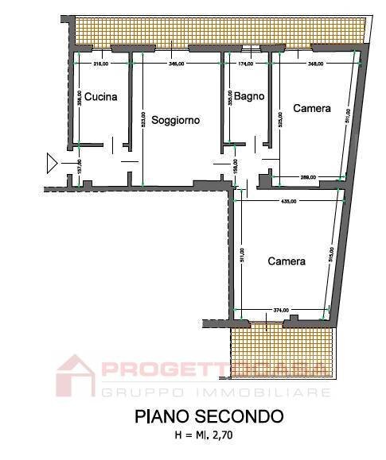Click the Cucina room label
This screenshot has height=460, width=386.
pyautogui.click(x=101, y=97)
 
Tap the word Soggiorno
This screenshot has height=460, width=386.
pyautogui.click(x=175, y=121)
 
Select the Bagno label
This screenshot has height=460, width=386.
pyautogui.click(x=249, y=97)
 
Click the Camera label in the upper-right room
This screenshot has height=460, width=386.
pyautogui.click(x=311, y=108)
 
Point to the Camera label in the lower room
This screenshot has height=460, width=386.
pyautogui.click(x=286, y=261)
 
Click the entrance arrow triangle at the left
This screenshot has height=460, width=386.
pyautogui.click(x=52, y=164)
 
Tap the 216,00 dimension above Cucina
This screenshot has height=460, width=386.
pyautogui.click(x=100, y=64)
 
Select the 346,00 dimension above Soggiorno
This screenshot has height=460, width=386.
pyautogui.click(x=177, y=64)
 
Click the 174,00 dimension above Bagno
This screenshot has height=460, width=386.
pyautogui.click(x=246, y=64)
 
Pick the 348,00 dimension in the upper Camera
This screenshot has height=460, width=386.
pyautogui.click(x=315, y=64)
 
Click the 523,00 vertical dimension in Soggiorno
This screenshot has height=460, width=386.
pyautogui.click(x=142, y=119)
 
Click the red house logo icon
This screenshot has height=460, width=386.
pyautogui.click(x=75, y=376)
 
